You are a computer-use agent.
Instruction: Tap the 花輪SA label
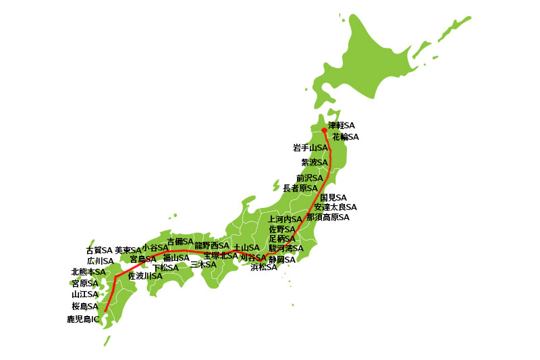pos(346,136)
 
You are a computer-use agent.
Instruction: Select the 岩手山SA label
pos(310,147)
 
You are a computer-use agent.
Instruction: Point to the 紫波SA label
pos(314,162)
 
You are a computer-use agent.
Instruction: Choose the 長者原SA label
pos(300,188)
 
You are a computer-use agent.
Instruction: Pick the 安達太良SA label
pos(335,207)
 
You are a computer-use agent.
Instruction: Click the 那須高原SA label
pos(327,217)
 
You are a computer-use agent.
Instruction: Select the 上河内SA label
pos(285,220)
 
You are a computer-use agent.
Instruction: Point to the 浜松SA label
pos(264,267)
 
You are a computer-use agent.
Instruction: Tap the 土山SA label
pos(246,247)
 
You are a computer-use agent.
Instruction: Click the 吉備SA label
pos(180,241)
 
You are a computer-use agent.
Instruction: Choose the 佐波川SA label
pos(145,276)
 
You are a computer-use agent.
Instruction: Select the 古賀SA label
pos(99,250)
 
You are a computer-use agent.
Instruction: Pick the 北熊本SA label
pos(88,272)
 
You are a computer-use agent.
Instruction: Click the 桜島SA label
pos(85,306)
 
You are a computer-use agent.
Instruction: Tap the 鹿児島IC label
pos(83,318)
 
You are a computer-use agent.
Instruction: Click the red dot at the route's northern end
pos(324,130)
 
